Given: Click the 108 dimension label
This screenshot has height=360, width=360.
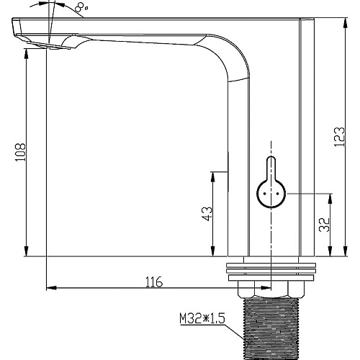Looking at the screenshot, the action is [20, 152].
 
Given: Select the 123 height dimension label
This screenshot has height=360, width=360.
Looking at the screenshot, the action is [339, 137].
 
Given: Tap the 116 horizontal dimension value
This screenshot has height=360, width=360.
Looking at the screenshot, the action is [154, 282].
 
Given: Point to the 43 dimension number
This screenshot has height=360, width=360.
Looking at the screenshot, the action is [207, 214].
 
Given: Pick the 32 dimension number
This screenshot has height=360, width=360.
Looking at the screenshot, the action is [324, 225].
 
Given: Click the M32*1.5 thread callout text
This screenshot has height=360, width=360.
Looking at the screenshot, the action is [202, 319].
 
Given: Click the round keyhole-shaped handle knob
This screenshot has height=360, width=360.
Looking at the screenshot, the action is [271, 183].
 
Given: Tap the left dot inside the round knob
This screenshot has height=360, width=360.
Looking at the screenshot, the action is [265, 194].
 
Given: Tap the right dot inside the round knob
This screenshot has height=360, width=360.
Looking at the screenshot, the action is [278, 194].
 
